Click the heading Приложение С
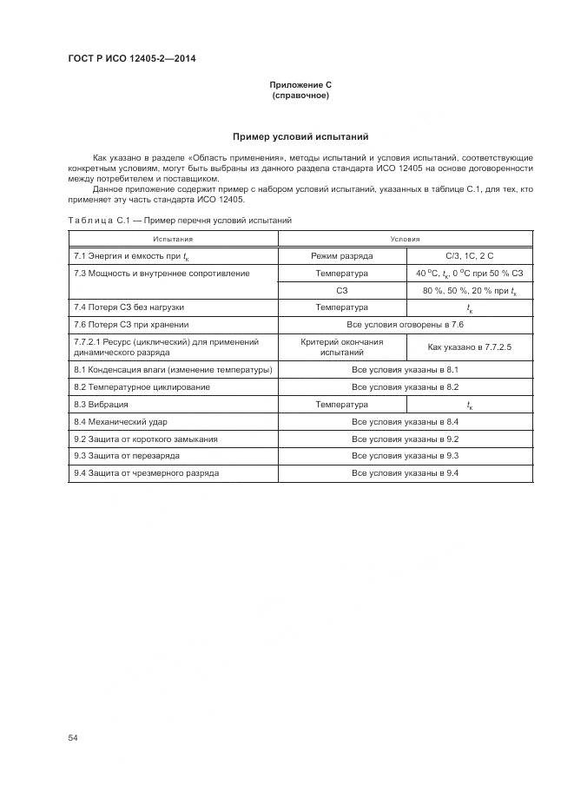click(300, 85)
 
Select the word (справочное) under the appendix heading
click(300, 96)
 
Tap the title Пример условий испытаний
click(300, 136)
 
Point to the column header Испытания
click(173, 239)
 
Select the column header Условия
click(405, 239)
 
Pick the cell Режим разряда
click(341, 256)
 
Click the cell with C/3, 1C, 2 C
click(469, 256)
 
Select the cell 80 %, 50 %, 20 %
click(469, 291)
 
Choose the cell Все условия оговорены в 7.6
click(405, 325)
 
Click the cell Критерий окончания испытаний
click(341, 347)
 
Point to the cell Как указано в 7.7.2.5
click(469, 347)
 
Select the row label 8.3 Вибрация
click(101, 405)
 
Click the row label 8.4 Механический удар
click(122, 422)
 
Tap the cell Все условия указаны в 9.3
click(405, 456)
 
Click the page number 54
click(74, 737)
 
